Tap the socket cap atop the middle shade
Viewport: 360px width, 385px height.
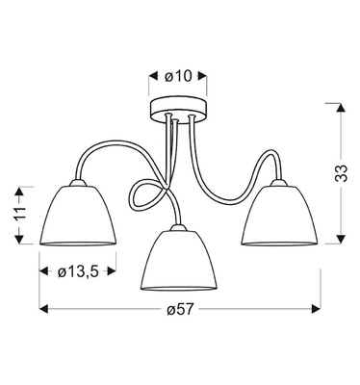pos(175,229)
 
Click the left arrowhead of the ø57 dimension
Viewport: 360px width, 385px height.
pos(42,310)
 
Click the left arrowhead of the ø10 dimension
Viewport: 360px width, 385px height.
pos(152,75)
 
